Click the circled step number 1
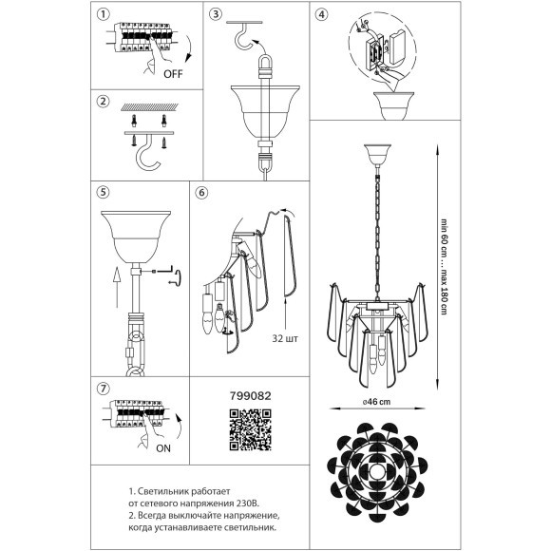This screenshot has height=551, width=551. [103, 14]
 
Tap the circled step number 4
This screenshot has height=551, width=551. [321, 15]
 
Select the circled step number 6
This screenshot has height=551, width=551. [201, 193]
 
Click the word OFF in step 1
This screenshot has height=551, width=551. [173, 74]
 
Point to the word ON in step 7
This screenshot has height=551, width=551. [163, 448]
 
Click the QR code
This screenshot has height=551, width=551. [250, 429]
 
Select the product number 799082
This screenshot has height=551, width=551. [251, 396]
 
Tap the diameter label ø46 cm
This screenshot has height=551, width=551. [377, 402]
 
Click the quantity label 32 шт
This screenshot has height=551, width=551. [285, 338]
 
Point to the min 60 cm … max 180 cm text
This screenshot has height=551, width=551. [445, 267]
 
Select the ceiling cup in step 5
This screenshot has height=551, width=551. [136, 237]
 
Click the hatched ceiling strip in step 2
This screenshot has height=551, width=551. [150, 106]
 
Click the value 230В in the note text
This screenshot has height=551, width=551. [246, 503]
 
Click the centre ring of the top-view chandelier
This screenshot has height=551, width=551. [377, 471]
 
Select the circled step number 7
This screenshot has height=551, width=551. [103, 389]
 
